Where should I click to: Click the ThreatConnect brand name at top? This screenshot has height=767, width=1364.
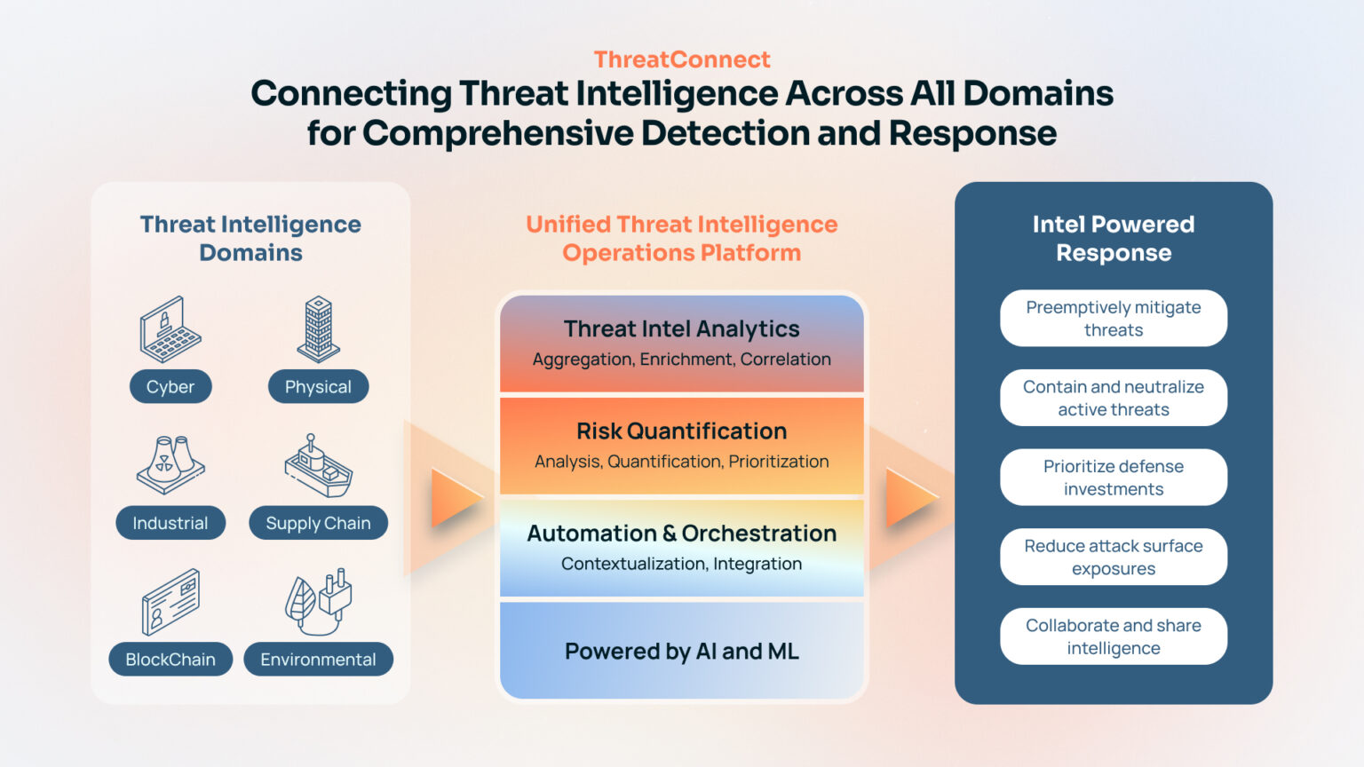click(681, 59)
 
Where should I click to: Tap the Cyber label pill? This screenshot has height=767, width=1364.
click(170, 387)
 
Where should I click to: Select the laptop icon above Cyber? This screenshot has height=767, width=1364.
click(170, 329)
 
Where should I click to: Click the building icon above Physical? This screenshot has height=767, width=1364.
click(318, 328)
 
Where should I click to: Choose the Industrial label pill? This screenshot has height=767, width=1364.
click(170, 523)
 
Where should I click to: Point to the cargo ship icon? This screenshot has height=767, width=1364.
click(318, 466)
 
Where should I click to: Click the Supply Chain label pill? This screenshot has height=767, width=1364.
click(318, 523)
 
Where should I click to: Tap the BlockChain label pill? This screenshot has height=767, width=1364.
click(170, 660)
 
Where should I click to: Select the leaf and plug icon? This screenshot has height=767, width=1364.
click(318, 601)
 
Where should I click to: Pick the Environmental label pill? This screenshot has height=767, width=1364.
click(318, 660)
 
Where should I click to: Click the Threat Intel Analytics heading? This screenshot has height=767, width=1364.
click(681, 329)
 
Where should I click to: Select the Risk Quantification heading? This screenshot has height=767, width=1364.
click(681, 431)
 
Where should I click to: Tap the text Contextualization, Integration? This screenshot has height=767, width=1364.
click(681, 564)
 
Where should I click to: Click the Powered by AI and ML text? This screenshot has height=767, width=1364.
click(681, 652)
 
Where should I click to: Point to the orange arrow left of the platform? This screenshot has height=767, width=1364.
click(456, 497)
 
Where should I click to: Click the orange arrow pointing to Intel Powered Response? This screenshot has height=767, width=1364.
click(911, 497)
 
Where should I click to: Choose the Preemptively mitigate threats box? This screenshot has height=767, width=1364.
click(1113, 319)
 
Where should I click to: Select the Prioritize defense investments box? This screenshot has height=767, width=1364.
click(1113, 478)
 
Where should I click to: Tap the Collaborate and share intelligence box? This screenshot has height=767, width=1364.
click(1113, 637)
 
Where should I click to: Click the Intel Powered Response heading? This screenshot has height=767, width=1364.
click(1113, 238)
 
